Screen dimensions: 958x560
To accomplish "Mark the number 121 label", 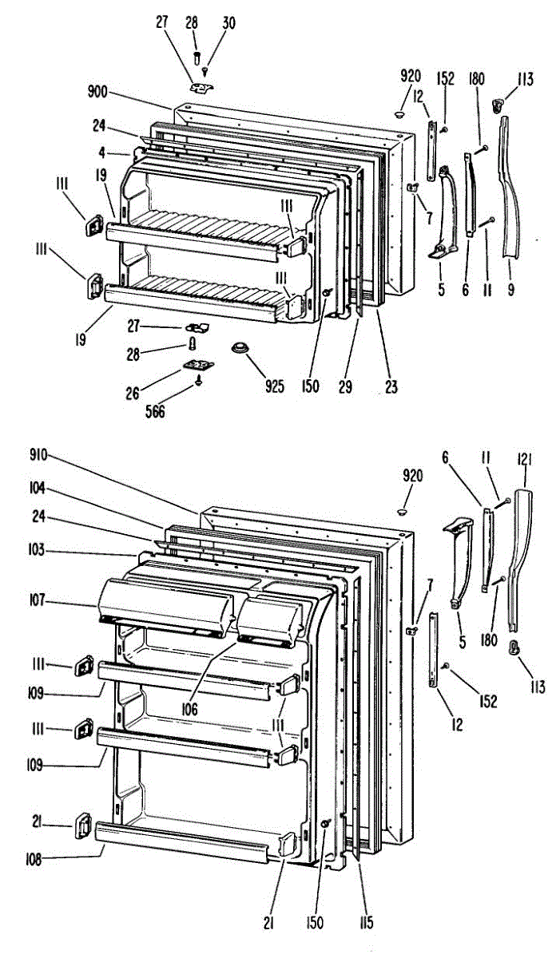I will point(524,459).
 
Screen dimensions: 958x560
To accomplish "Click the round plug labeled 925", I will point(238,350).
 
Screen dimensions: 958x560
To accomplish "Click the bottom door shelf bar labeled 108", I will point(180,843).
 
